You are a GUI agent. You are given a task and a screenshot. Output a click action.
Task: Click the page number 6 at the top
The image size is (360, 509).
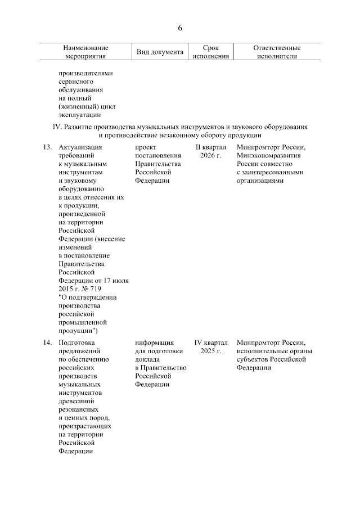tap(180, 28)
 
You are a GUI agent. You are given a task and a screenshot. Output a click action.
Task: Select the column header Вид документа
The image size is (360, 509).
tap(160, 52)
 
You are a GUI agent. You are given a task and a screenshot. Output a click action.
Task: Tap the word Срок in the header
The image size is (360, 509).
tap(211, 48)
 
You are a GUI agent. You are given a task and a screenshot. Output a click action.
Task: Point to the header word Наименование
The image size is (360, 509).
tap(85, 48)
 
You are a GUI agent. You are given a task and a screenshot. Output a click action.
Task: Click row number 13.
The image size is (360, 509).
tap(47, 147)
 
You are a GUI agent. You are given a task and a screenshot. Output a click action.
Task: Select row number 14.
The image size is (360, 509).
tap(47, 342)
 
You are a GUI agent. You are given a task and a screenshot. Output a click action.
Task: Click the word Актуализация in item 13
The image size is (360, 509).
tap(79, 147)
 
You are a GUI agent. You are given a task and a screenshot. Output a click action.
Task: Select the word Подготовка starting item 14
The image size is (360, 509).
tap(77, 342)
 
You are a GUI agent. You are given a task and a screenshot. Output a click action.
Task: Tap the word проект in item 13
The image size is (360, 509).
tap(146, 147)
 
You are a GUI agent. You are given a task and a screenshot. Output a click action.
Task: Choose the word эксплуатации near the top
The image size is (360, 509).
tap(79, 115)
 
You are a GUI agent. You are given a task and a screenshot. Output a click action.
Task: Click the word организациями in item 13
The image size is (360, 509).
tap(260, 181)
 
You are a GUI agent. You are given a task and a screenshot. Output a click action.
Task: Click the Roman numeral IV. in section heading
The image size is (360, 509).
tap(56, 127)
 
